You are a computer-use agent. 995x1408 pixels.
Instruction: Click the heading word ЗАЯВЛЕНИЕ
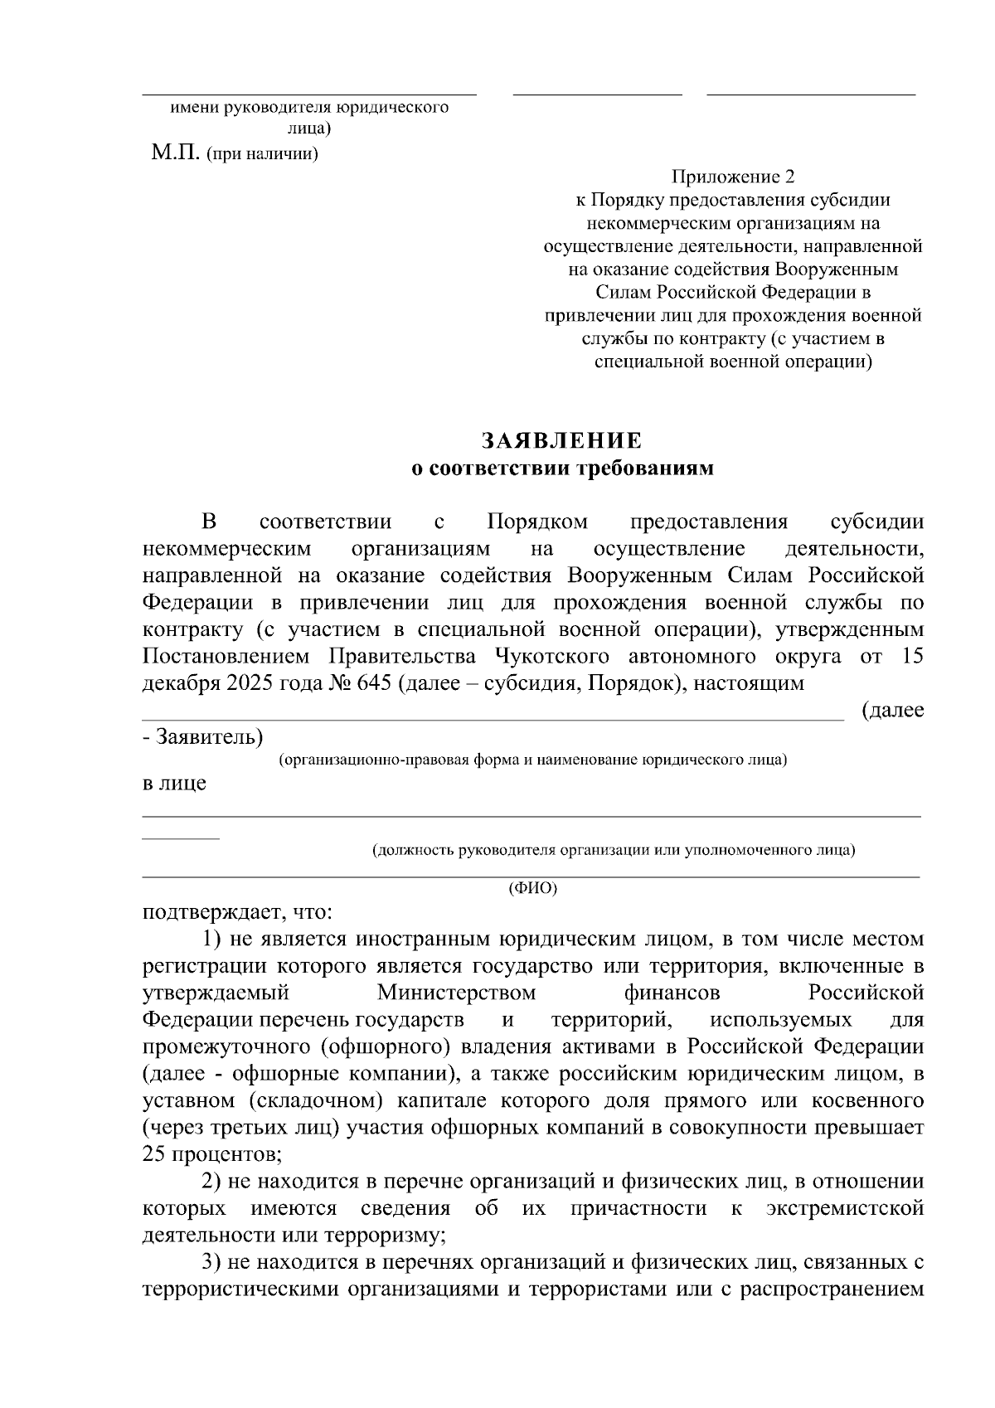point(563,440)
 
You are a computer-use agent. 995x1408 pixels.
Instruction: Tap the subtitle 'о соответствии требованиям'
point(563,469)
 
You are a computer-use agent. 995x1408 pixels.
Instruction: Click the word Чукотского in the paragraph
point(552,657)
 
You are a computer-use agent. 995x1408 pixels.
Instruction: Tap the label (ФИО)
point(532,888)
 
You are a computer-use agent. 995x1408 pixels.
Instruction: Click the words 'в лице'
point(174,783)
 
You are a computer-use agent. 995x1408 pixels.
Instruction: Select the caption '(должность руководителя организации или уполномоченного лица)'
point(614,850)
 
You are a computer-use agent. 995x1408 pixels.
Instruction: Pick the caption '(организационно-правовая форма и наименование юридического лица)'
point(532,760)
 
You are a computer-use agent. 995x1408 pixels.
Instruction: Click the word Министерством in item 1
point(456,993)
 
